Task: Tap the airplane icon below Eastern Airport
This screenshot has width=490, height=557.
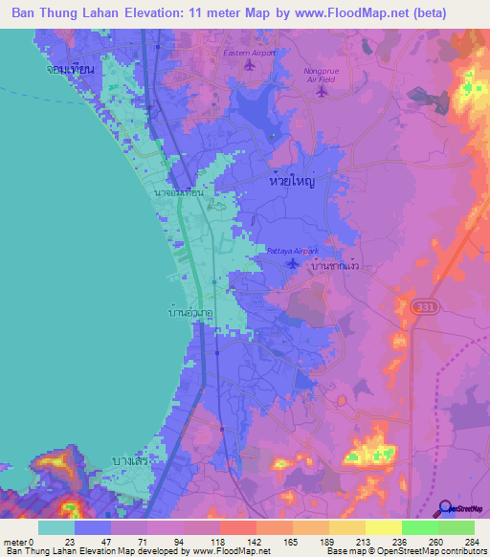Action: (252, 66)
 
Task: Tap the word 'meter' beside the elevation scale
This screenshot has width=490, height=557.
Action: (14, 542)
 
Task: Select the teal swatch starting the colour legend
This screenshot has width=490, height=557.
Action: (56, 527)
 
